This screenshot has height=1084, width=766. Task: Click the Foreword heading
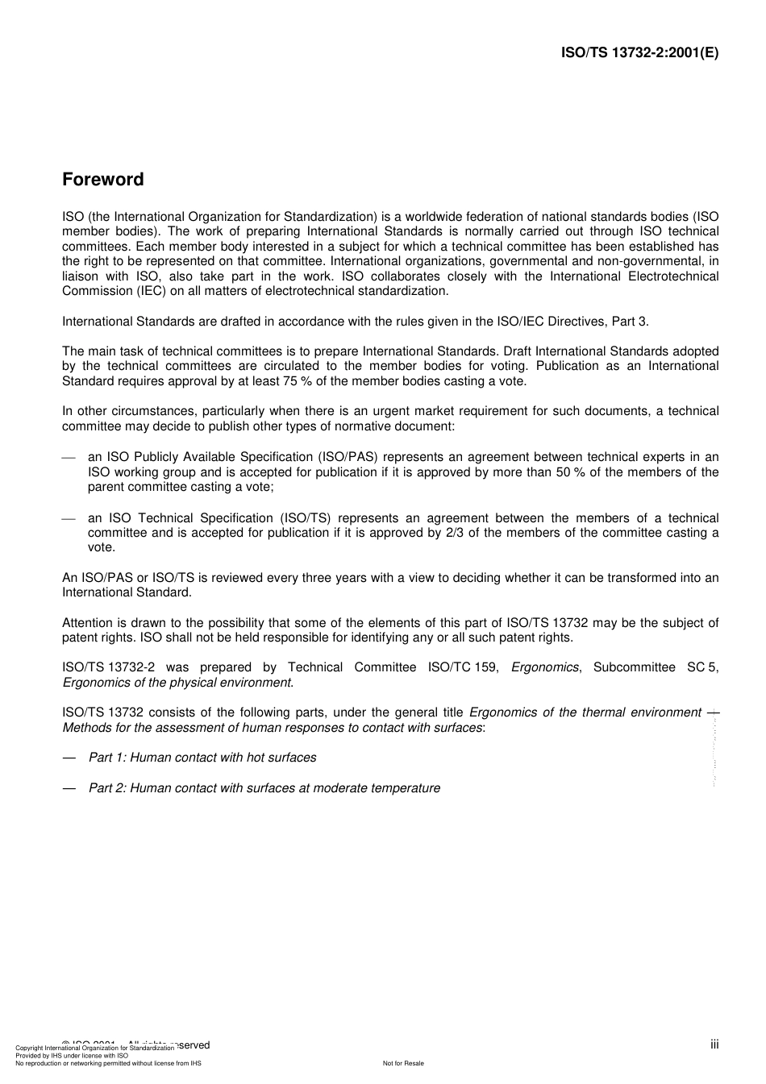(x=103, y=180)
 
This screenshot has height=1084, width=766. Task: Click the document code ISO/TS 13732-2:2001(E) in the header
(x=639, y=53)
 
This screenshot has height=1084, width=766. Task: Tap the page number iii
(x=714, y=1045)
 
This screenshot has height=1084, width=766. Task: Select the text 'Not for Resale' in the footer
(x=403, y=1063)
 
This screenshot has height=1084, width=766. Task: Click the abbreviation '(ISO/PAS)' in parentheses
(x=348, y=457)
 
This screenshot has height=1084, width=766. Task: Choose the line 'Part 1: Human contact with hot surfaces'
(x=202, y=758)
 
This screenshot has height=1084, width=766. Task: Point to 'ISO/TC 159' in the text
(x=463, y=667)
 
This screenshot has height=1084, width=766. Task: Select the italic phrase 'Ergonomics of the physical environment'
(x=177, y=683)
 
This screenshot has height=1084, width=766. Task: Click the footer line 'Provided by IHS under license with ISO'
(x=72, y=1055)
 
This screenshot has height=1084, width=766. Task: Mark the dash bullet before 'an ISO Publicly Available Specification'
(x=69, y=458)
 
